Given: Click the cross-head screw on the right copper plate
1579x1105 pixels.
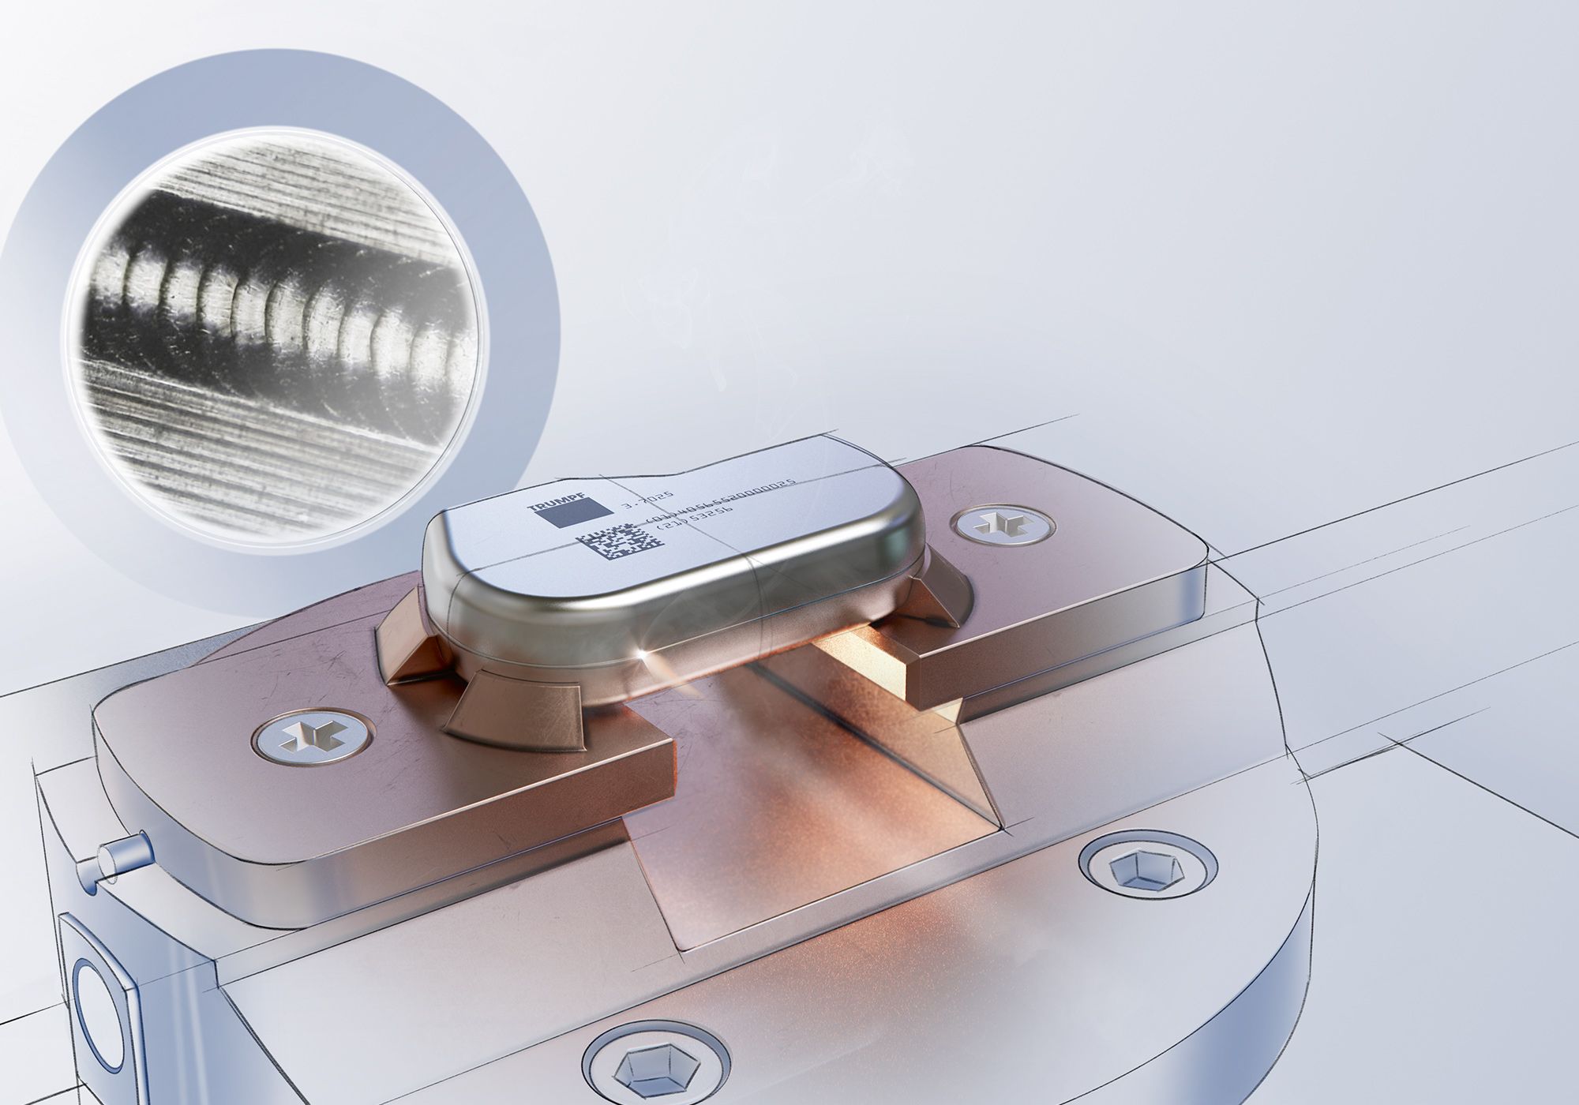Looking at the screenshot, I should tap(1001, 524).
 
